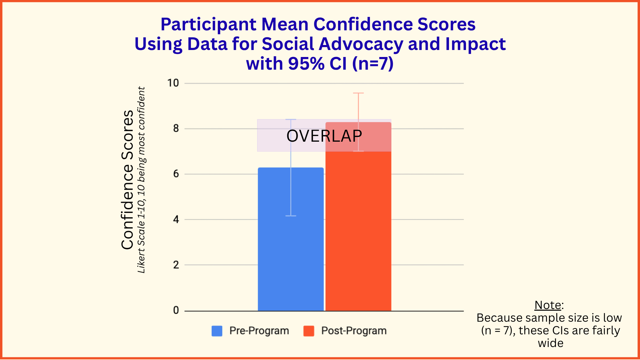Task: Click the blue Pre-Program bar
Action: (291, 239)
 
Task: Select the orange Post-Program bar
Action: (358, 217)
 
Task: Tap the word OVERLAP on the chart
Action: (324, 136)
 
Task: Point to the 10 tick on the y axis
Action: (173, 83)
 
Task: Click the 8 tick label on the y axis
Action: (176, 128)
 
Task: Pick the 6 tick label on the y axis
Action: (176, 174)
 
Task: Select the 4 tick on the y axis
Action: (176, 219)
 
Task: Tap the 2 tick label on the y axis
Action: (176, 265)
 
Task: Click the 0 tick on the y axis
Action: (176, 310)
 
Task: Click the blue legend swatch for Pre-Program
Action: (217, 331)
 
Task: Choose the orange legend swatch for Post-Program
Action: (309, 331)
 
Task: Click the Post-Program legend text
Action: (354, 331)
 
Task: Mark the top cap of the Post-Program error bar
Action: (358, 93)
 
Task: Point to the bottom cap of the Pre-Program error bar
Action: (291, 216)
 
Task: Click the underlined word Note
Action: (548, 305)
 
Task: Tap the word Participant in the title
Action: (209, 25)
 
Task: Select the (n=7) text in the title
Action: (373, 63)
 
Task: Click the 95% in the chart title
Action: (306, 63)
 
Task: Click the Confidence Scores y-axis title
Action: (127, 180)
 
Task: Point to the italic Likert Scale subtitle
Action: (141, 180)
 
